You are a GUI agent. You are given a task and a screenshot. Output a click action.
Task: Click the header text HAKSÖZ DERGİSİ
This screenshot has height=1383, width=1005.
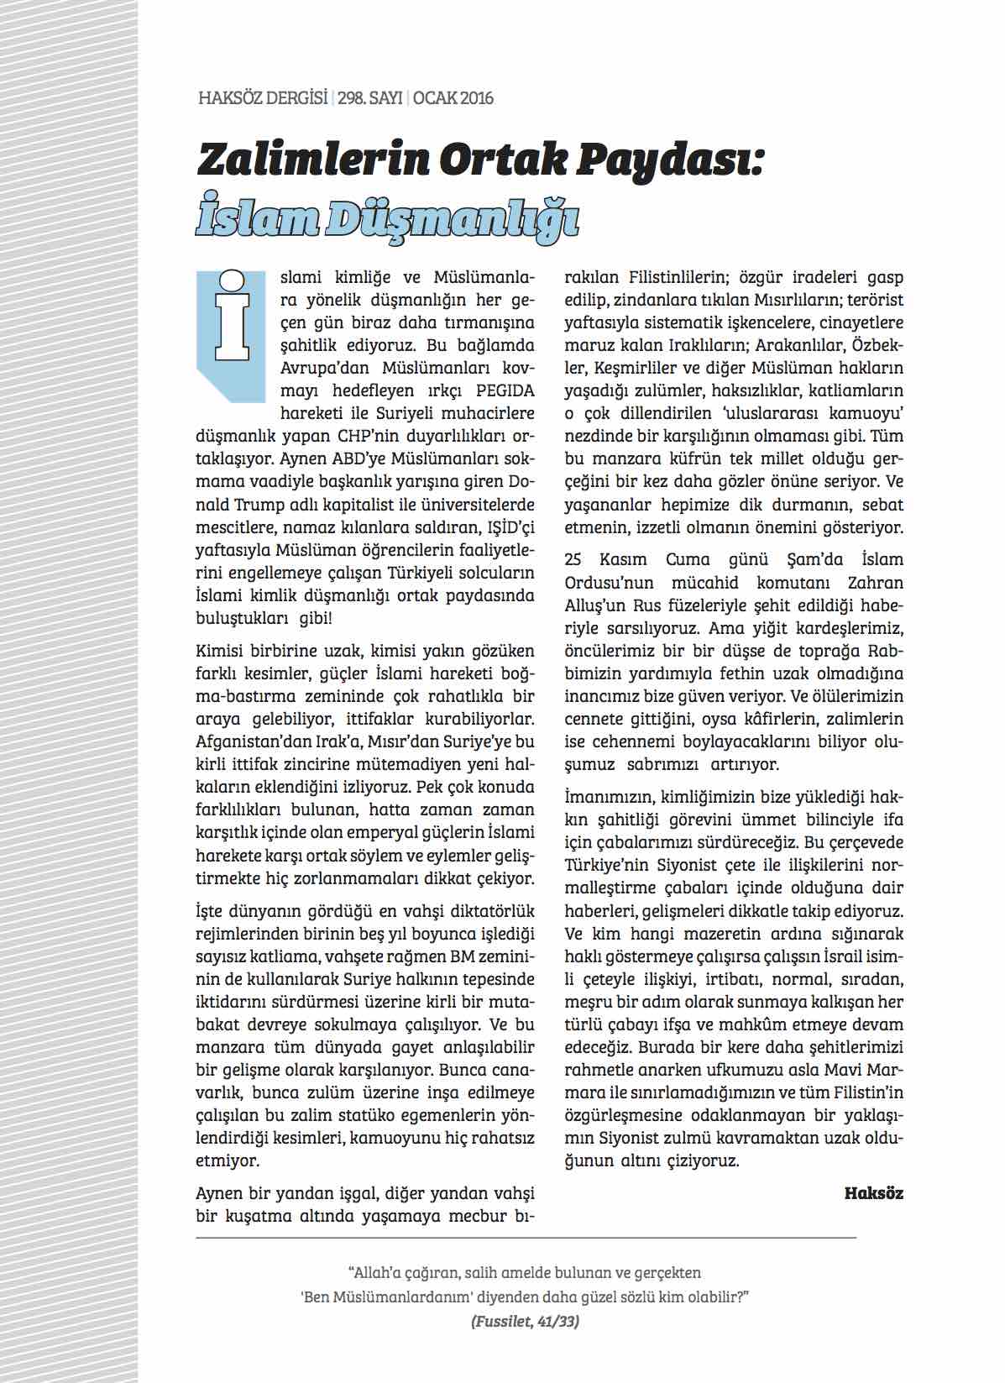[263, 98]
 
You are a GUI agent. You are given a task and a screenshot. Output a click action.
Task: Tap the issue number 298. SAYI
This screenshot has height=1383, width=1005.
[370, 98]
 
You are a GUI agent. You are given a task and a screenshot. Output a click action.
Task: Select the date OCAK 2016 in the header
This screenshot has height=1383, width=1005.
[453, 98]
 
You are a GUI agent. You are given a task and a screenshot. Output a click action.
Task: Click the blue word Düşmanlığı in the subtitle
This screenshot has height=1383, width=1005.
[453, 218]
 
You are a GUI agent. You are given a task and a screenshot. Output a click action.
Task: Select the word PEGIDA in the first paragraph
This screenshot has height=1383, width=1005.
[505, 390]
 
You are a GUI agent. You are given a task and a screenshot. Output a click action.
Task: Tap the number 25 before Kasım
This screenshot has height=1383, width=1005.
[573, 559]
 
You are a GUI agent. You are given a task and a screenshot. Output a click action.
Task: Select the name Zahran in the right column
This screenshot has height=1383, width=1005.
[876, 582]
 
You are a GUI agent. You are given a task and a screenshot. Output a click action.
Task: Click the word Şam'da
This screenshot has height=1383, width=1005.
[809, 559]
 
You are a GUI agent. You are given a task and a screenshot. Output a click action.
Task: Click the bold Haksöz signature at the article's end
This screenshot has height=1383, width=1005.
[873, 1193]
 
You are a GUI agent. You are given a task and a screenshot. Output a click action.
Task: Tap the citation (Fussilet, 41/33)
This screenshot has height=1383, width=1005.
[526, 1320]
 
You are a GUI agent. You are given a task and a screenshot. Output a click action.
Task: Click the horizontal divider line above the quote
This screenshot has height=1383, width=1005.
[526, 1238]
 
